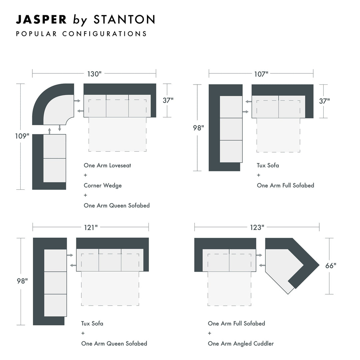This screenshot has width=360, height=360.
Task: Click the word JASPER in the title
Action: click(x=41, y=20)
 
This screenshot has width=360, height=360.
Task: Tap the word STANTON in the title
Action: click(x=124, y=20)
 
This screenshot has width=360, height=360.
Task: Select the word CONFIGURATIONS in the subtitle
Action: click(x=104, y=34)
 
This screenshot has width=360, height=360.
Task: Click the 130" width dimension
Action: click(x=94, y=74)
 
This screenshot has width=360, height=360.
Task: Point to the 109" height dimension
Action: click(x=22, y=136)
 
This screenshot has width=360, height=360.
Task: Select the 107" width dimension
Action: click(x=261, y=74)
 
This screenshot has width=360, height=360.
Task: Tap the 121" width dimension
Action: click(x=91, y=227)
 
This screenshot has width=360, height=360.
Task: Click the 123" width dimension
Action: click(x=257, y=227)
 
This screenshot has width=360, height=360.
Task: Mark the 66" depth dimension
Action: click(x=331, y=266)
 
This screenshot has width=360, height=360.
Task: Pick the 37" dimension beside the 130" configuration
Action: click(x=168, y=100)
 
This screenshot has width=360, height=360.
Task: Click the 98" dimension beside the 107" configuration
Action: click(x=198, y=128)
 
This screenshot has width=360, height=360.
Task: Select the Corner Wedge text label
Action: click(x=103, y=185)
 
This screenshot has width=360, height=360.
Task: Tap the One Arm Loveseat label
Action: click(x=107, y=165)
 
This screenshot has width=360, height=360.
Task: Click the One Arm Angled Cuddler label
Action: click(x=241, y=343)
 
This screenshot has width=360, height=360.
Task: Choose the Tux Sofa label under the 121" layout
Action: click(x=92, y=323)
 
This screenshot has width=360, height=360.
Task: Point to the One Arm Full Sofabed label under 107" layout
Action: click(x=285, y=185)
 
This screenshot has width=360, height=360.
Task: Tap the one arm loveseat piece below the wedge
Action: click(x=49, y=162)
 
